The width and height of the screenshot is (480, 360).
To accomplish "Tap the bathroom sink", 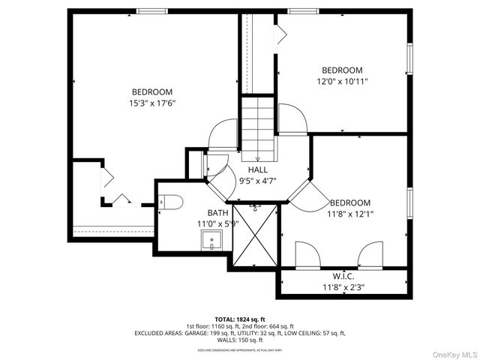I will pyautogui.click(x=211, y=241).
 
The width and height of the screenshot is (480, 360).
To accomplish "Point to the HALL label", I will pyautogui.click(x=257, y=169).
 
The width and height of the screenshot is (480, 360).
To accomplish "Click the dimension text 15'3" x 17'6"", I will pyautogui.click(x=152, y=103).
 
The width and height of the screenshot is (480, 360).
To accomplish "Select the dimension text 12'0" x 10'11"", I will pyautogui.click(x=342, y=81).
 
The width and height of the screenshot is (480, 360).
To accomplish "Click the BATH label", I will pyautogui.click(x=207, y=213).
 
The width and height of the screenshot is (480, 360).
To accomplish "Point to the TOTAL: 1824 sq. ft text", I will pyautogui.click(x=240, y=319).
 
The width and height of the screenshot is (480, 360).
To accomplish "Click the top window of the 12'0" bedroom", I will pyautogui.click(x=303, y=10).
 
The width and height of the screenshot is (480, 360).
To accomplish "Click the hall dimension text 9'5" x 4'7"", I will pyautogui.click(x=257, y=180).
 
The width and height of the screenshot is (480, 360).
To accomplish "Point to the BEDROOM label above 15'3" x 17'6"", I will pyautogui.click(x=152, y=92).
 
